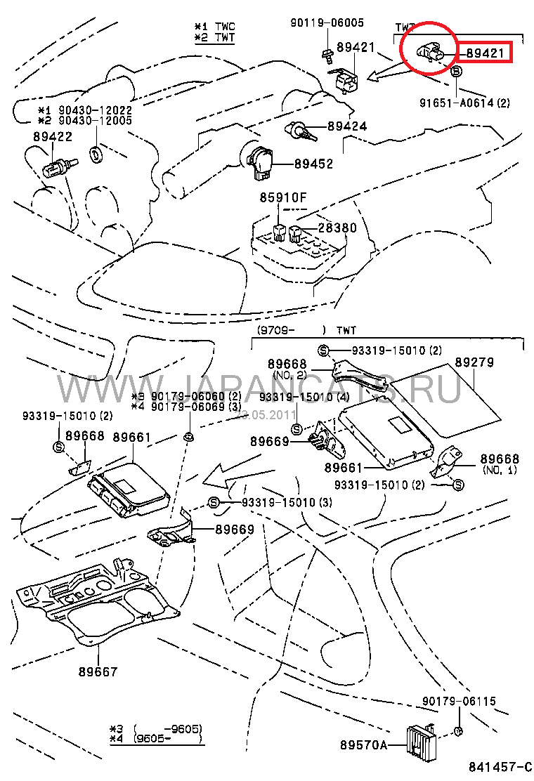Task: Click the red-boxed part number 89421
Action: pyautogui.click(x=485, y=52)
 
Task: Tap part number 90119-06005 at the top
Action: pyautogui.click(x=327, y=22)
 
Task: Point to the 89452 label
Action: pyautogui.click(x=313, y=164)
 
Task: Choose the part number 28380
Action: pyautogui.click(x=337, y=228)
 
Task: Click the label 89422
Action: pyautogui.click(x=52, y=136)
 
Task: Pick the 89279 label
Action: pyautogui.click(x=474, y=363)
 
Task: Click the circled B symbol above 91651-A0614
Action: pyautogui.click(x=455, y=72)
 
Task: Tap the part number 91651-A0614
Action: pyautogui.click(x=459, y=103)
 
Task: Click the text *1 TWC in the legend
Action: pyautogui.click(x=215, y=26)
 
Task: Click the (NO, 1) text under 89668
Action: pyautogui.click(x=500, y=470)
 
